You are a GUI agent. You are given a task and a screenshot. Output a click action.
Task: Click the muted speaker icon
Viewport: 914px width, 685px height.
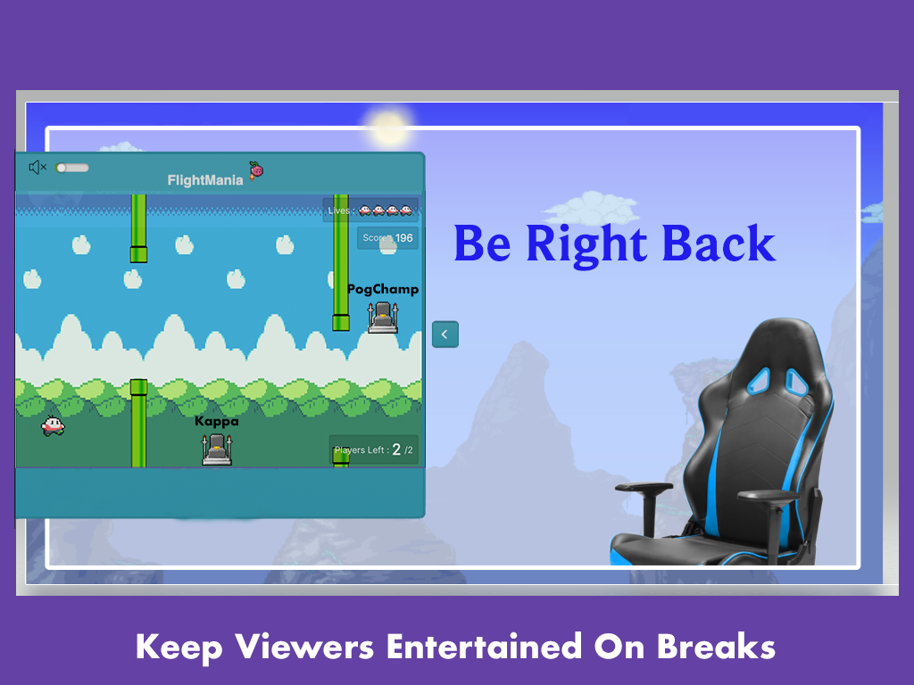coord(37,168)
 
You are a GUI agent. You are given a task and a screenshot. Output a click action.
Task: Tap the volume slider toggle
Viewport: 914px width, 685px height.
coord(71,168)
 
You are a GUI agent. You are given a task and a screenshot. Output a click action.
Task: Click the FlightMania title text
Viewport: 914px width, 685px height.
coord(205,180)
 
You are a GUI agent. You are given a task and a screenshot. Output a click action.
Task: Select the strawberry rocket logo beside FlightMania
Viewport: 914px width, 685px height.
coord(256,170)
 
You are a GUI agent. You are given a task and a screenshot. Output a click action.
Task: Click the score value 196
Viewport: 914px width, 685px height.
coord(404,237)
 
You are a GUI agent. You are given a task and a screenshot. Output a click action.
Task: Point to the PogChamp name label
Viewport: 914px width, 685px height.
coord(383,290)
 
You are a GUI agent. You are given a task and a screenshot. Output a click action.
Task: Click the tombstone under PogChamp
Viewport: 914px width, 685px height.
coord(383,318)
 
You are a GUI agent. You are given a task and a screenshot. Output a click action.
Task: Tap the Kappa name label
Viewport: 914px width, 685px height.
coord(217,421)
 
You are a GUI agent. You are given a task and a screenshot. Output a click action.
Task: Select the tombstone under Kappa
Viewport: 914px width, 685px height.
coord(217,450)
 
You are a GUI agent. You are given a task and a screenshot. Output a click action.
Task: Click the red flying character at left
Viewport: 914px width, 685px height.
coord(53,425)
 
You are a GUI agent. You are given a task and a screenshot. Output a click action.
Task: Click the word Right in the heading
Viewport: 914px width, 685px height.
coord(586,244)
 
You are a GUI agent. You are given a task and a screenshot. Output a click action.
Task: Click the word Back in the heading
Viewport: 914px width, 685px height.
coord(719,243)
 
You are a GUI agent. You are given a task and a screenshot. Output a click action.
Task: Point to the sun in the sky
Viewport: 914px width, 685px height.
coord(389,128)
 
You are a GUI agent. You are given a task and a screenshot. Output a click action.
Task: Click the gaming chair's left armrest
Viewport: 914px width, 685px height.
coord(644,487)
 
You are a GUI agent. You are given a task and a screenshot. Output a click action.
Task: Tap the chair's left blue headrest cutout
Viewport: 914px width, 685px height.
coord(759,380)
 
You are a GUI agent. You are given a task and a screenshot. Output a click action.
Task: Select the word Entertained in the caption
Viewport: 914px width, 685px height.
coord(485,646)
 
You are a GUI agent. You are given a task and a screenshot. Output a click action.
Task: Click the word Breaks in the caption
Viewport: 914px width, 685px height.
coord(716,646)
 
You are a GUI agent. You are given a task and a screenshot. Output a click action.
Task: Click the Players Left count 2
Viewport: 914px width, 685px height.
coord(396,450)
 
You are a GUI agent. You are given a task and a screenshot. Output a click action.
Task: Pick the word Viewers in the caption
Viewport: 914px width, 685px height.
coord(304,646)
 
